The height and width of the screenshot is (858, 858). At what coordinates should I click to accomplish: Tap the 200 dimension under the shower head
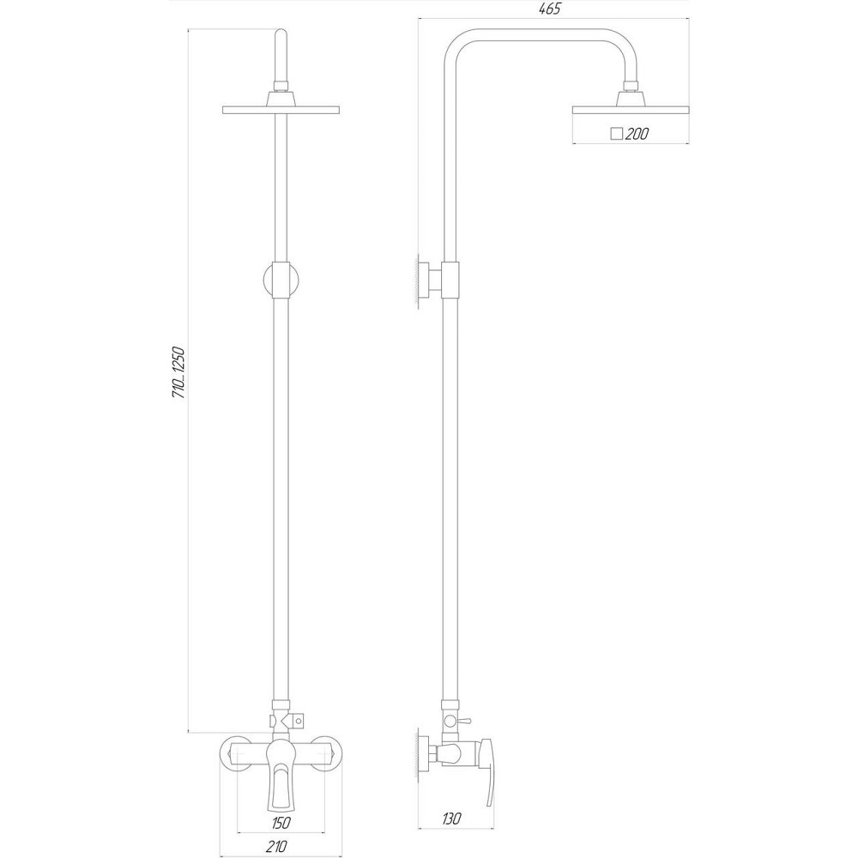point(636,133)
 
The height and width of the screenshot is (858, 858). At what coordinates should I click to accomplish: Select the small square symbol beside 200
point(615,133)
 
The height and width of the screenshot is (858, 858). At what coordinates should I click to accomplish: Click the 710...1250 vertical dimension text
point(180,372)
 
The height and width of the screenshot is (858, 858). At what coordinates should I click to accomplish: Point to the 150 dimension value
point(281,823)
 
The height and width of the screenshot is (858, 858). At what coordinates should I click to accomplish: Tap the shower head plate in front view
point(281,110)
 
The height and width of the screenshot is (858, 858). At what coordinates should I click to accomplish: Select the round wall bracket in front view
point(281,281)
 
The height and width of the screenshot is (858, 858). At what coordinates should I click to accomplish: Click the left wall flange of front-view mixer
point(235,755)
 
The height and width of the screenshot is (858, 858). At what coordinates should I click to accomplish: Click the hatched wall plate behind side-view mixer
point(421,755)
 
